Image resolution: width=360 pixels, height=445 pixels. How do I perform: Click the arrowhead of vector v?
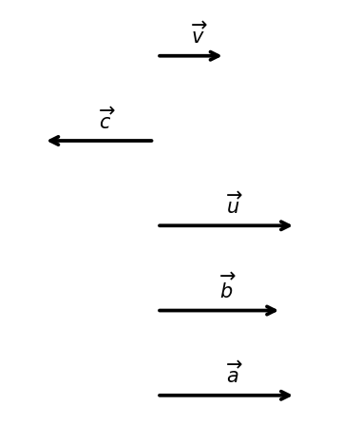click(x=219, y=56)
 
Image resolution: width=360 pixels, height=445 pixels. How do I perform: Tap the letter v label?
click(x=198, y=36)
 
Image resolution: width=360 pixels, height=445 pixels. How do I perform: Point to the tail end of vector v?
click(x=160, y=56)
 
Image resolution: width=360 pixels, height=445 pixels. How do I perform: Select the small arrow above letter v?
click(x=199, y=25)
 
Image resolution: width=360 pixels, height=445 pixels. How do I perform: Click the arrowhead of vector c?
click(x=49, y=141)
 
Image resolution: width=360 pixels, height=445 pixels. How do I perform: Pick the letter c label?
click(x=104, y=122)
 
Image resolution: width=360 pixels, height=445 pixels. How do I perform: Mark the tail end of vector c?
click(x=152, y=141)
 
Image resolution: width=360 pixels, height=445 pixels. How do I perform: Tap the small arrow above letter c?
click(x=107, y=110)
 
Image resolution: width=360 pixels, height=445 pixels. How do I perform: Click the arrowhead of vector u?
click(x=290, y=225)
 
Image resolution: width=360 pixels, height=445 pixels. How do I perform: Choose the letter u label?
click(x=233, y=206)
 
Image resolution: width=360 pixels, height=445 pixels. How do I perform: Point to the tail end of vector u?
click(x=160, y=225)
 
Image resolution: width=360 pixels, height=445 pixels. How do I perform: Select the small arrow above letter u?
click(x=235, y=195)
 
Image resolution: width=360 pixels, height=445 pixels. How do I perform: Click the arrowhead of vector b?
click(x=276, y=310)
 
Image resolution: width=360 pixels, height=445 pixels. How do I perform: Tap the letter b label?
click(x=226, y=290)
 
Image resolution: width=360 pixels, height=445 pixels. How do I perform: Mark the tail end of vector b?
click(x=160, y=310)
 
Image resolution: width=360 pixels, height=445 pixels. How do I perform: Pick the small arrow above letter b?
click(x=228, y=276)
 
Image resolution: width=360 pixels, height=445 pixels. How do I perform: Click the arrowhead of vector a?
click(x=290, y=396)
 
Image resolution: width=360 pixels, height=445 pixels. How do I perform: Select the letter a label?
click(x=233, y=377)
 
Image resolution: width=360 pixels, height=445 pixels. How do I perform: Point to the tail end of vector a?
click(x=160, y=396)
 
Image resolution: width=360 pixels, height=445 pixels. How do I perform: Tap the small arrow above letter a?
click(x=235, y=364)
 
